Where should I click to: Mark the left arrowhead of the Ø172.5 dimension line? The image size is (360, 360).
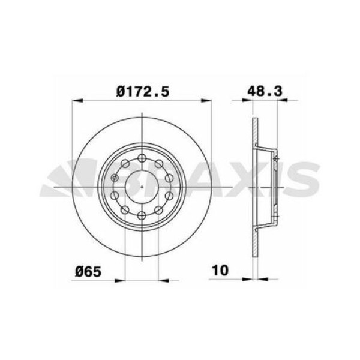coord(76,100)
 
